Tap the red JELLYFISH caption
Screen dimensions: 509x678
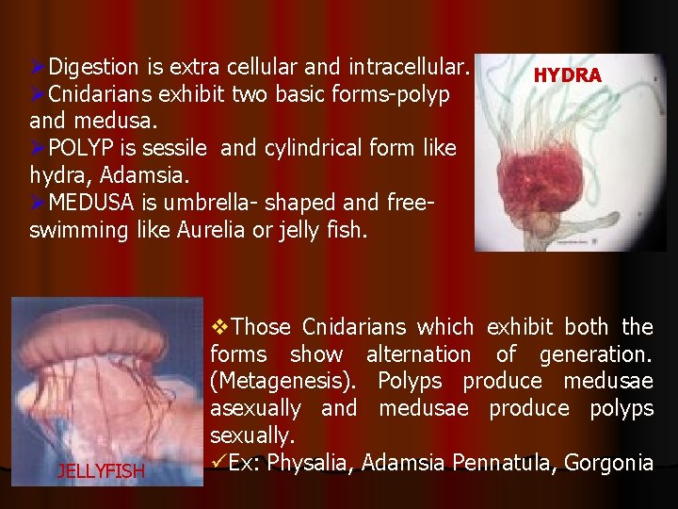click(x=100, y=470)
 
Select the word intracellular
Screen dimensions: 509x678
click(x=409, y=68)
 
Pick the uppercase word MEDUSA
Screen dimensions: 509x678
click(x=89, y=203)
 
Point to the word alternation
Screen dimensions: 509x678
click(x=418, y=354)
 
